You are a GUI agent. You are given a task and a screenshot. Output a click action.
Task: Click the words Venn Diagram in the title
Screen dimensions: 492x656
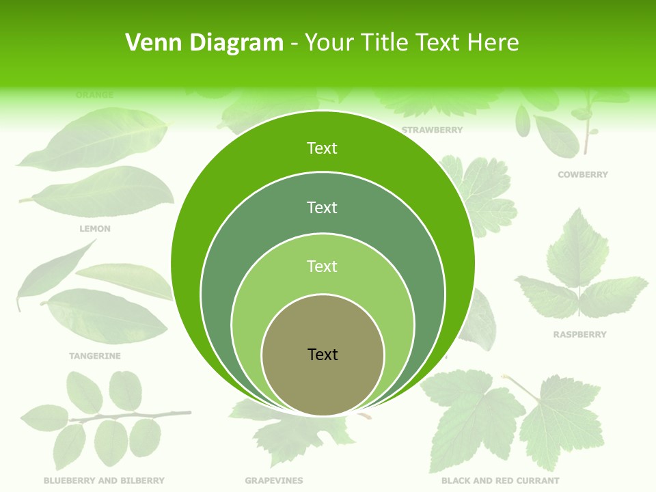pos(204,43)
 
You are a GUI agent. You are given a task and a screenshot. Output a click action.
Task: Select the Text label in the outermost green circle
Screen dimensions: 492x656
pos(323,148)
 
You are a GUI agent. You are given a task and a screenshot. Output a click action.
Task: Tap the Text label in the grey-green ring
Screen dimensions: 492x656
pos(323,207)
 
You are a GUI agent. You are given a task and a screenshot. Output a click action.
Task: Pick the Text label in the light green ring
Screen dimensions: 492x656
pos(323,266)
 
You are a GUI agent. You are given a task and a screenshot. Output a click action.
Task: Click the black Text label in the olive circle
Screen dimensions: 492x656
pos(323,355)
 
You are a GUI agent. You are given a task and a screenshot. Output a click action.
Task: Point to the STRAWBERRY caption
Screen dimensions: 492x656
pos(432,130)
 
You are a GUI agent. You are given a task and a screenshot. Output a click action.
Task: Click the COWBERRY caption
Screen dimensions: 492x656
pos(582,175)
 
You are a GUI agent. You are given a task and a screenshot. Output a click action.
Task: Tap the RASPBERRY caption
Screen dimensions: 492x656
pos(579,335)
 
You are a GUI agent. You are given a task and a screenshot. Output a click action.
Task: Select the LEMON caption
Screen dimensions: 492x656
pos(95,229)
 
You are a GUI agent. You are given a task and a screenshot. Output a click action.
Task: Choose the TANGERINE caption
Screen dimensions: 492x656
pos(95,356)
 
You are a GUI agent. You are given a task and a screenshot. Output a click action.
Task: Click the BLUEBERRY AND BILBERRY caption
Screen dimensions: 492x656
pos(104,481)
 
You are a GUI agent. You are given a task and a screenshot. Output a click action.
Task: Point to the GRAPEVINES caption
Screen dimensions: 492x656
pos(274,481)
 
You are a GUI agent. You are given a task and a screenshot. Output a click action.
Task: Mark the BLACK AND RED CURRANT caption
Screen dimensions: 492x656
pos(500,481)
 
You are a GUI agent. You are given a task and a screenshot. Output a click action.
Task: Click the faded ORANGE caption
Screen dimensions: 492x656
pos(95,95)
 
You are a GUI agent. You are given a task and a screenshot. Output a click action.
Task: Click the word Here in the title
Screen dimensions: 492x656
pos(493,43)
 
